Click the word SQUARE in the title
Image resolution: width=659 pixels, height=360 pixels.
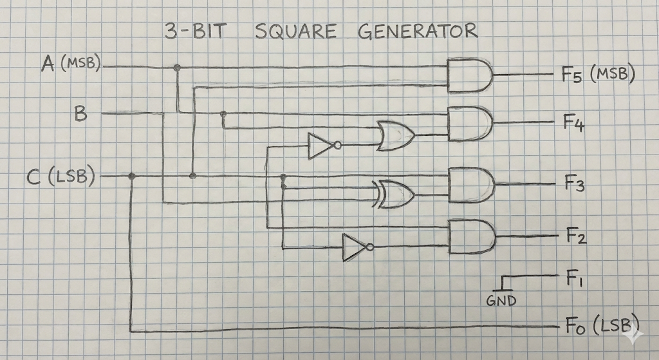pyautogui.click(x=296, y=31)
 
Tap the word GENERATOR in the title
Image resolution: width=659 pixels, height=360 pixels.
pyautogui.click(x=418, y=31)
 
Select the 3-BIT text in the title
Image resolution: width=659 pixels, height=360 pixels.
pyautogui.click(x=196, y=32)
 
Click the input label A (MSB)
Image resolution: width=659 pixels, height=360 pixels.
pyautogui.click(x=71, y=64)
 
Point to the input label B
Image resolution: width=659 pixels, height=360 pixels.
pyautogui.click(x=80, y=113)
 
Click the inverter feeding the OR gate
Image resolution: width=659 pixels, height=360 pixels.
pyautogui.click(x=324, y=146)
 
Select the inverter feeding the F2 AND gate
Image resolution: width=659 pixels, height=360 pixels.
pyautogui.click(x=358, y=248)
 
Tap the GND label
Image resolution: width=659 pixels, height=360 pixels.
pyautogui.click(x=501, y=300)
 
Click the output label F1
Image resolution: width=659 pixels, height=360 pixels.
pyautogui.click(x=573, y=278)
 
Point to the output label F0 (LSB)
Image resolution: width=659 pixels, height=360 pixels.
pyautogui.click(x=602, y=325)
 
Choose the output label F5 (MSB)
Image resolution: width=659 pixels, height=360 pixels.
pyautogui.click(x=599, y=75)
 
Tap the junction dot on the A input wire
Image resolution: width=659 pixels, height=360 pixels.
pyautogui.click(x=178, y=67)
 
